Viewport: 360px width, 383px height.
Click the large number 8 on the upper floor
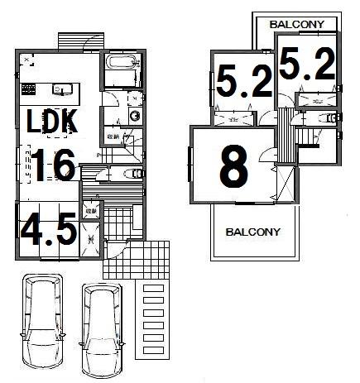(233, 167)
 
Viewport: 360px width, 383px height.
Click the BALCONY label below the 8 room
(252, 232)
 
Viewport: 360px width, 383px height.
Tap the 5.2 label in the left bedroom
(242, 82)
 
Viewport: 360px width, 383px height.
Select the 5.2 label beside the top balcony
(306, 65)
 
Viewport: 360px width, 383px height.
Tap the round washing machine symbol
(135, 117)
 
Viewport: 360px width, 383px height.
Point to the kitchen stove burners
(27, 88)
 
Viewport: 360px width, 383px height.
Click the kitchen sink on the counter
(60, 88)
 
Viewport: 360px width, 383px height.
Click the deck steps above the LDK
(82, 39)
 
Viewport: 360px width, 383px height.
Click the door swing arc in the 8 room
(267, 156)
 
